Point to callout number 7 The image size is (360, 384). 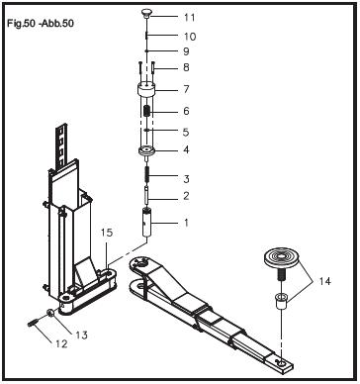[x=186, y=89]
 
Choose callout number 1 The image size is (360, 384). [x=185, y=224]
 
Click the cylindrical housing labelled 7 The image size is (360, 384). [x=146, y=102]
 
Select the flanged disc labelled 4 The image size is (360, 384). [x=146, y=152]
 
